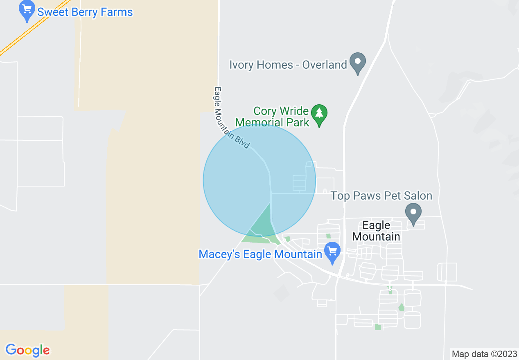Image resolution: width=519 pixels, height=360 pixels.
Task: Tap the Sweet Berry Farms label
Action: pos(85,12)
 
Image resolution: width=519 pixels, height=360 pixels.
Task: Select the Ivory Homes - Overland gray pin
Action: pos(358,62)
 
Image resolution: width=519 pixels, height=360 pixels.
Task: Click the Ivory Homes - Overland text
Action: pos(288,65)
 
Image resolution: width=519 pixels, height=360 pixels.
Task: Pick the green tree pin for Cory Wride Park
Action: pos(319,115)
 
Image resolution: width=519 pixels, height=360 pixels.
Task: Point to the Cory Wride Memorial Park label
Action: pos(272,117)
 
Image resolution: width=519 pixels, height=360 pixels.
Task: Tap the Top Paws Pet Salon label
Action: pos(381,196)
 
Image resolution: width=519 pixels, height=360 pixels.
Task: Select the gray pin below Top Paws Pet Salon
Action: pos(413,213)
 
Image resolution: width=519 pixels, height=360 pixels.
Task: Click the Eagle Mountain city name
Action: pos(376,231)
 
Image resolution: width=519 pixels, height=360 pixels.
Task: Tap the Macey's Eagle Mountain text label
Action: pos(260,254)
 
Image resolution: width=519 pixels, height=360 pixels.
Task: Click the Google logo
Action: pos(27,350)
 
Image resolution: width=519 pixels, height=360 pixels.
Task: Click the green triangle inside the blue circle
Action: pos(262,223)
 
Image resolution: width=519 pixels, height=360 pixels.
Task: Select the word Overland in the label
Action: pos(325,65)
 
